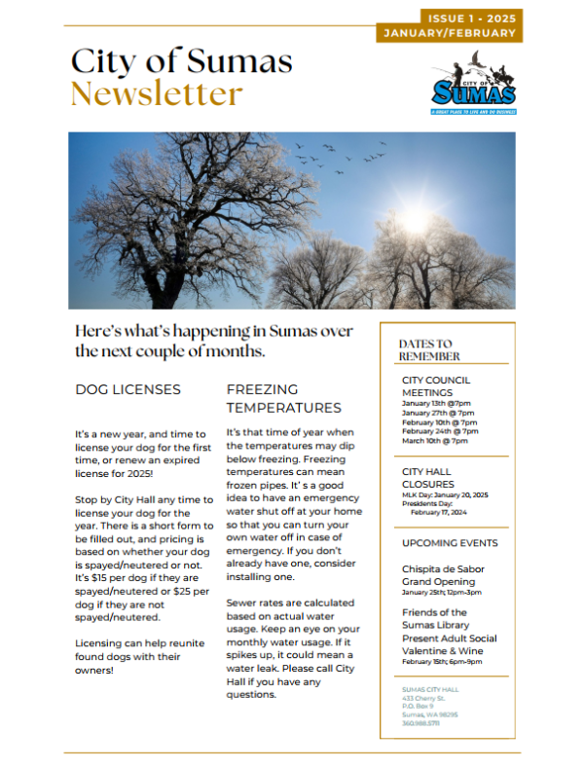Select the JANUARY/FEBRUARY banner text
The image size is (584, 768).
(x=450, y=33)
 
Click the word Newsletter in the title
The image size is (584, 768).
(x=157, y=93)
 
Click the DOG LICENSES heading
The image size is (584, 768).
(x=128, y=389)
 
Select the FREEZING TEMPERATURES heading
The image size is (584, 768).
(x=283, y=398)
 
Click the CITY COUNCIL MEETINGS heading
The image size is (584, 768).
(x=436, y=386)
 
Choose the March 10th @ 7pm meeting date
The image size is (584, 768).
(x=434, y=441)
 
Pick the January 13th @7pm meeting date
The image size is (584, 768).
(x=435, y=403)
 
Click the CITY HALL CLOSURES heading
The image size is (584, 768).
(x=427, y=477)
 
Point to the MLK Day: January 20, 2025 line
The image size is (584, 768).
(x=445, y=494)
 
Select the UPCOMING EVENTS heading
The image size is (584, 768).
(x=450, y=543)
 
